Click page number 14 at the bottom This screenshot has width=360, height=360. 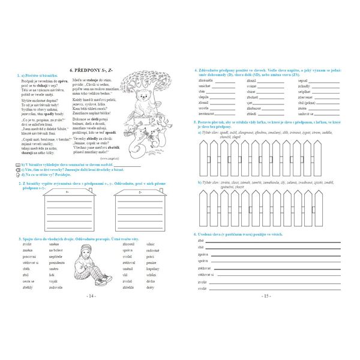[x=92, y=296]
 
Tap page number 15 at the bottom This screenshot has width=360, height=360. [x=267, y=296]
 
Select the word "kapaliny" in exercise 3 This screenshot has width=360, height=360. [x=152, y=269]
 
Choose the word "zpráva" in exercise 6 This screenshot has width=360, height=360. [x=203, y=254]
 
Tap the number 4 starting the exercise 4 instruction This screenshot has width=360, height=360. [x=196, y=70]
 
